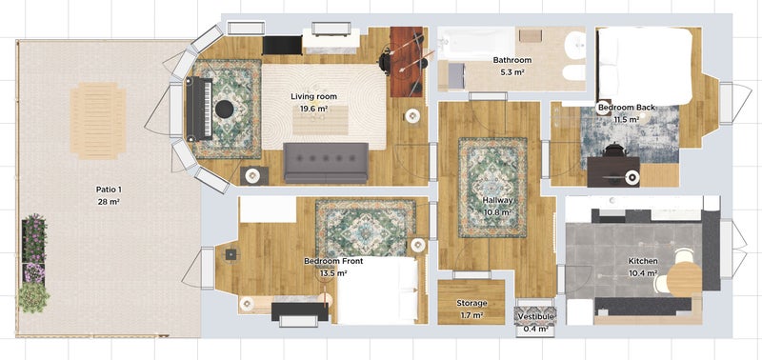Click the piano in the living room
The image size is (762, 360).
[x=199, y=109]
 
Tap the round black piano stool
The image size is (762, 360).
[x=225, y=110]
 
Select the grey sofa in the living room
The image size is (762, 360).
[x=326, y=163]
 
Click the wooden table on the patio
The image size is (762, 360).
[x=98, y=121]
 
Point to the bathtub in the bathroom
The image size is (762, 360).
[x=475, y=43]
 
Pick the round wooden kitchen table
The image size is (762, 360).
[x=684, y=279]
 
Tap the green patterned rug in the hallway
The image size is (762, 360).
[x=492, y=188]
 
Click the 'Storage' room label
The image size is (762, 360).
[x=471, y=303]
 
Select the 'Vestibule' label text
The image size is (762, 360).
[x=536, y=317]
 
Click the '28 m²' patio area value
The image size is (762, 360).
[x=109, y=202]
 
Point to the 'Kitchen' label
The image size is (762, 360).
[x=643, y=261]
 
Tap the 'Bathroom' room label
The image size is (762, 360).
[x=512, y=60]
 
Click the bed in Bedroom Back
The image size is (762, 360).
[x=645, y=66]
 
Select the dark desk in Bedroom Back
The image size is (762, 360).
[x=613, y=171]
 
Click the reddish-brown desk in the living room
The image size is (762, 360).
[x=407, y=62]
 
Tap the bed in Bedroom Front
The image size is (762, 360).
[x=377, y=290]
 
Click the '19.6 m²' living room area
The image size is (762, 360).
[x=314, y=109]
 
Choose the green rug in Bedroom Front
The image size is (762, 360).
[x=366, y=228]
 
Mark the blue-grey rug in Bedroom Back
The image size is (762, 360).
[x=630, y=135]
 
